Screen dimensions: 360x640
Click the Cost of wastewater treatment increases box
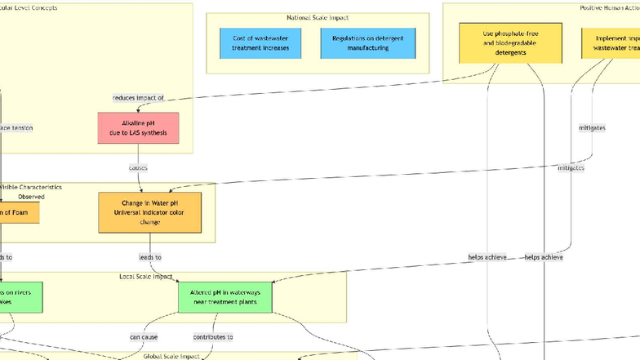click(x=260, y=43)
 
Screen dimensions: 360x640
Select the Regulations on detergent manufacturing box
click(x=367, y=43)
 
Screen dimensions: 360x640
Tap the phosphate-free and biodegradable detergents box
click(x=510, y=43)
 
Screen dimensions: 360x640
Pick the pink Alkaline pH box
click(x=138, y=128)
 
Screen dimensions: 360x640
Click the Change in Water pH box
click(x=149, y=212)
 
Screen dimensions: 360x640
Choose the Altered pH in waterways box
click(x=225, y=296)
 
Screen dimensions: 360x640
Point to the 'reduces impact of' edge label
click(x=138, y=98)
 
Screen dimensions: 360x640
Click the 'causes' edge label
click(x=138, y=168)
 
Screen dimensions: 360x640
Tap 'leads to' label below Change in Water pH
click(x=149, y=257)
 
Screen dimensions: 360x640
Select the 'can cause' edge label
click(x=144, y=336)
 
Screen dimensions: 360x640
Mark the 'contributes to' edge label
click(x=213, y=336)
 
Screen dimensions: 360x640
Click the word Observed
click(x=31, y=197)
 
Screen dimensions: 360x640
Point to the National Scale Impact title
click(x=318, y=18)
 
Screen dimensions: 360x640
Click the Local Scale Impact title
click(x=145, y=277)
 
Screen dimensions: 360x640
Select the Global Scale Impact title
click(x=171, y=357)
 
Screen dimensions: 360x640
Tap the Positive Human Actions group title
click(x=604, y=7)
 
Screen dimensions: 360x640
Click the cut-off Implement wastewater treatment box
click(x=611, y=43)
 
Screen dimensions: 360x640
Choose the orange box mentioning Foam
click(x=18, y=212)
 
